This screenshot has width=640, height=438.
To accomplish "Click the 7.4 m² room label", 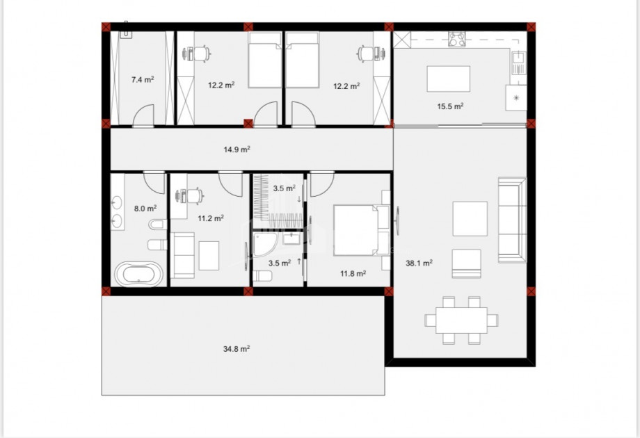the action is coord(143,79).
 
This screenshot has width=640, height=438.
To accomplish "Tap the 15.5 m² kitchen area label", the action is coord(450,106).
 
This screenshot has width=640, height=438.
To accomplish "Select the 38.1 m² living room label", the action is coord(419,263).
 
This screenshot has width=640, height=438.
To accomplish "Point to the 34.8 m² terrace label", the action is coord(237,349).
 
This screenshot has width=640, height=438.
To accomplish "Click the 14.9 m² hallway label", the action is coord(237,149).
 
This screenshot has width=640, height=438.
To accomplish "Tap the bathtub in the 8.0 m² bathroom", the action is coord(138,274).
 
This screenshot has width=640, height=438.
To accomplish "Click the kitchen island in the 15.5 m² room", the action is coord(448,79).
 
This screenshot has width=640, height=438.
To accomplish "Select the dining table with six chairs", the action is coord(461,321).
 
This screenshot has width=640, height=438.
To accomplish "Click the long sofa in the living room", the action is coord(512,220).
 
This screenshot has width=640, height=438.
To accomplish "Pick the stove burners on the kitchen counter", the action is coord(457,39).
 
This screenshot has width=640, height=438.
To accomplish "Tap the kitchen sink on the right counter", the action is coord(518,63).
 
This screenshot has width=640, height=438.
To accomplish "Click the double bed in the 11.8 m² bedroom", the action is coord(362,230).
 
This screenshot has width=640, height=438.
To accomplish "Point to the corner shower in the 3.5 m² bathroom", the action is coord(264,245).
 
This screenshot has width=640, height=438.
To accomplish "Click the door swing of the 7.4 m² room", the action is coord(143,115).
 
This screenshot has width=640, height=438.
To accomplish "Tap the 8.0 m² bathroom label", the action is coord(145,209).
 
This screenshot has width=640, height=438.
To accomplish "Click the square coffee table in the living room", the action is coord(470,218).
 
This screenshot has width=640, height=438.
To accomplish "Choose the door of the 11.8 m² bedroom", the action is coord(323,184).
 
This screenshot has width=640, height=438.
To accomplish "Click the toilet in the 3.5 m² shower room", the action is coord(262,277).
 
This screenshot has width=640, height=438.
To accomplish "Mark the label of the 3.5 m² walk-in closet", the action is coord(284,188).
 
